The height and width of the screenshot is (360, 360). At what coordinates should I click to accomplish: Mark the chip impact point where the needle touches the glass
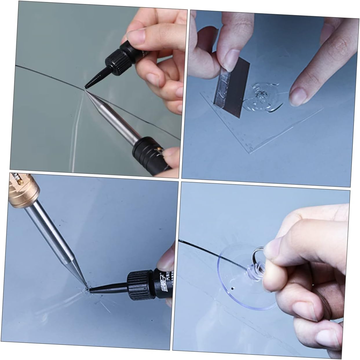(86, 289)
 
